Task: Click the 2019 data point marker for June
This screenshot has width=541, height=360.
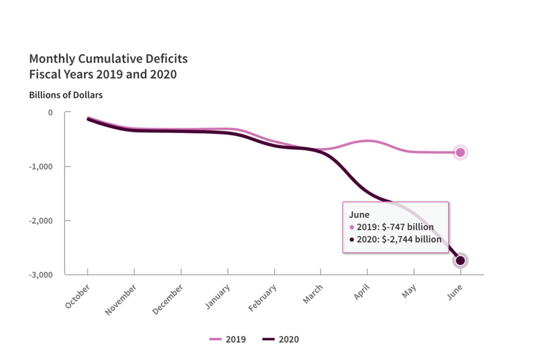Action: coord(460,153)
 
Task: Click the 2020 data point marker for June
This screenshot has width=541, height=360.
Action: coord(460,260)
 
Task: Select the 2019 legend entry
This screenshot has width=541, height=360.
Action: coord(228,339)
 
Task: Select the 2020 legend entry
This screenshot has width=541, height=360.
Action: coord(281,339)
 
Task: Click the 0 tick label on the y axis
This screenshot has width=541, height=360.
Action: coord(51,112)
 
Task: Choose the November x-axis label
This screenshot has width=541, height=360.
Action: coord(120,299)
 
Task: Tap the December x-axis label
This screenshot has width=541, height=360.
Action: coord(168,299)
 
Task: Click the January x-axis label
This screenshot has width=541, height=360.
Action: coord(218,297)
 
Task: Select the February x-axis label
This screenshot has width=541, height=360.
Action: coord(263,298)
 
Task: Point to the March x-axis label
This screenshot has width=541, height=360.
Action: coord(313,294)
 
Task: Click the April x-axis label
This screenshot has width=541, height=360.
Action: coord(361,292)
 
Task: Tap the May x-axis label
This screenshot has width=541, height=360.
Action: coord(409,291)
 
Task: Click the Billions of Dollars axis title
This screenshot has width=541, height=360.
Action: coord(66,96)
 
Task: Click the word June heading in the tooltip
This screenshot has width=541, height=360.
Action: coord(359,215)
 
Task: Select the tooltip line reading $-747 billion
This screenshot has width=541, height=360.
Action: coord(391,227)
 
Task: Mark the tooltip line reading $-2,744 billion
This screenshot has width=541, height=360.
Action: coord(395,239)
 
